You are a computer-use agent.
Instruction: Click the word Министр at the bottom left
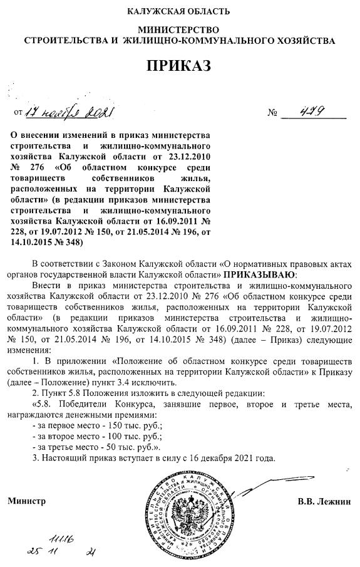(x=26, y=502)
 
